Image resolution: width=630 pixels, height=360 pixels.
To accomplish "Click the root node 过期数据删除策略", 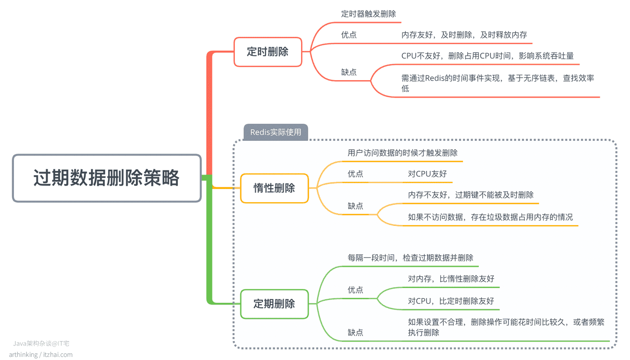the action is point(107,178).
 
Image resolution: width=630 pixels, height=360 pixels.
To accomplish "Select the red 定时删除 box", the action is point(268,52).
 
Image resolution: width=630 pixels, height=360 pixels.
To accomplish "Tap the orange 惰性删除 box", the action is point(274,188).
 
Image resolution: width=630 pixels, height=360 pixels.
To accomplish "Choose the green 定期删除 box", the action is point(274,304).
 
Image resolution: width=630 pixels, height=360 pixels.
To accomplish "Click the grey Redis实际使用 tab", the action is point(275,132).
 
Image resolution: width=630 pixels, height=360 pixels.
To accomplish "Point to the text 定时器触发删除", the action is point(369,14).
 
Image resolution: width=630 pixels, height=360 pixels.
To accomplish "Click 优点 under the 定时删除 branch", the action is point(349,35).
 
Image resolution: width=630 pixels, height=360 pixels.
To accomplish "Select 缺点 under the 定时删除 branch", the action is point(349,72).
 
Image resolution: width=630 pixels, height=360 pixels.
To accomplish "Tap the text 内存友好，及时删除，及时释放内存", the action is point(464,35).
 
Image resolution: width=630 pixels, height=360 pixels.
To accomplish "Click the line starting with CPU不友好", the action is point(487,56).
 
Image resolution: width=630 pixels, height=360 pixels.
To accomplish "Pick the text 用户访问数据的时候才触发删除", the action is point(402,153).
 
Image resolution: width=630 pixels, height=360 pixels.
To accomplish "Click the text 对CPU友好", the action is point(427,174).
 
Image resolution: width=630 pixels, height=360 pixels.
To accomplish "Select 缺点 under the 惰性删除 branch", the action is point(355,206).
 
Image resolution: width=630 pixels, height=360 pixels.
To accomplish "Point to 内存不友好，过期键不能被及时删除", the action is point(471,195).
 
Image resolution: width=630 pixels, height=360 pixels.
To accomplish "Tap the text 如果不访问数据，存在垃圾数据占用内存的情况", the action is point(490,217).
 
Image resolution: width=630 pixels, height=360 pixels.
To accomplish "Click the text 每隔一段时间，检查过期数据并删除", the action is point(410,257).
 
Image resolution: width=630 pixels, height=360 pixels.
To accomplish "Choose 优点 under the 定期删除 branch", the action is point(355,290).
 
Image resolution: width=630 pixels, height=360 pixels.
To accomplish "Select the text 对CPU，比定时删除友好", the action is point(451,301).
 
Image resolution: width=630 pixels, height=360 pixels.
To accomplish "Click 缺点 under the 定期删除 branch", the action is point(355,333).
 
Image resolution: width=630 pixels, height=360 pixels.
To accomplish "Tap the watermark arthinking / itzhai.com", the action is point(41,355).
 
